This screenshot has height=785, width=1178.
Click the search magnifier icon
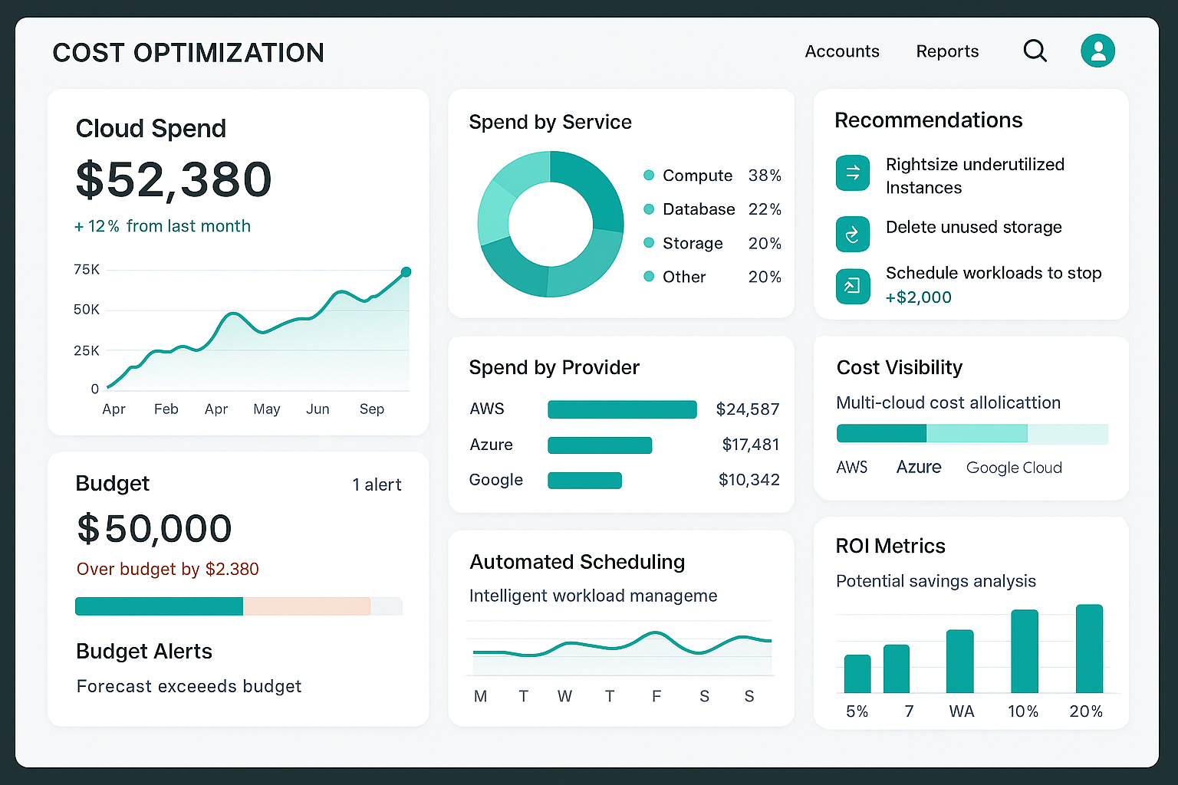pos(1035,51)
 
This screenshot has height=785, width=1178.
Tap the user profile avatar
pos(1097,51)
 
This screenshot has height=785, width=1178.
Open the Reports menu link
pos(947,51)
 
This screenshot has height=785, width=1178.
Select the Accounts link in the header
pos(841,51)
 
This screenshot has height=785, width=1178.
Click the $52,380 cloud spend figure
pos(174,179)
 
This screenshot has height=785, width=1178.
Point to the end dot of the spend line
pos(406,272)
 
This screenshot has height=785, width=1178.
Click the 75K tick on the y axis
pos(87,270)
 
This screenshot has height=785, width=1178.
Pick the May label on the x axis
pos(266,409)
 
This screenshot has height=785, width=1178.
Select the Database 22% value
pos(764,209)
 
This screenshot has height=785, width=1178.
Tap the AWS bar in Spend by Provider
pos(622,409)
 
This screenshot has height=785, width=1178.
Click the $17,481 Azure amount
pos(750,445)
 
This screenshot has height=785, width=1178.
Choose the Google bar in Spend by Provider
pos(584,481)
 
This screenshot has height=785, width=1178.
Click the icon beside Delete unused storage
pos(852,235)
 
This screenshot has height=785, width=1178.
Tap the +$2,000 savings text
pos(918,297)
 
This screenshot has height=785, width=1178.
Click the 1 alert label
pos(377,484)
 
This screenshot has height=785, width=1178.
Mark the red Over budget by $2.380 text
pos(167,569)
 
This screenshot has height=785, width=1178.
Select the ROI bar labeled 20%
pos(1089,649)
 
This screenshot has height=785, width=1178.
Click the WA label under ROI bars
pos(961,711)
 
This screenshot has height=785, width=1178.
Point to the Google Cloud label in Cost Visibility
pos(1013,468)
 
